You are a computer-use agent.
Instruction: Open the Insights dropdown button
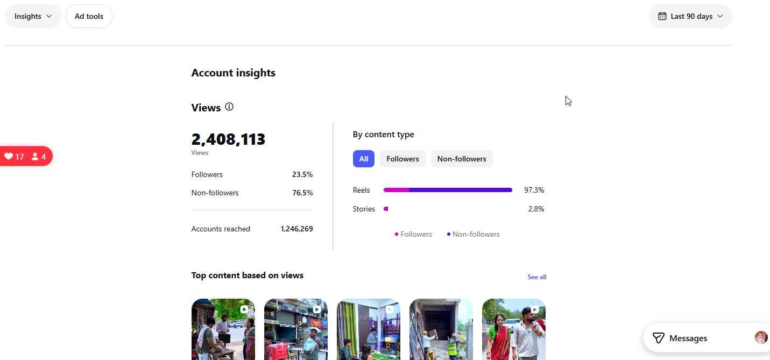point(33,16)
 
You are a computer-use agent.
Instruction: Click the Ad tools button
point(89,16)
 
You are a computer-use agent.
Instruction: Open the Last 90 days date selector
point(690,16)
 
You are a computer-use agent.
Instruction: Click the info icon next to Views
point(229,107)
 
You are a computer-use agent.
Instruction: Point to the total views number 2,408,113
point(228,139)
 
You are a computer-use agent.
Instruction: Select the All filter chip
point(363,159)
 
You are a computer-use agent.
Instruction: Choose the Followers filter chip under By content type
point(402,159)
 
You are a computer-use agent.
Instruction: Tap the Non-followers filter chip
point(462,159)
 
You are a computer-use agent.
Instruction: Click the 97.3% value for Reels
point(534,190)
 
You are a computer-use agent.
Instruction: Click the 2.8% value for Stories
point(536,209)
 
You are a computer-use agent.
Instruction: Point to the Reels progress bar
point(448,190)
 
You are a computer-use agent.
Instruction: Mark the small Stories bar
point(386,209)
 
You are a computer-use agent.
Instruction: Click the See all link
point(537,277)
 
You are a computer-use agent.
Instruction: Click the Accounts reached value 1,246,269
point(296,229)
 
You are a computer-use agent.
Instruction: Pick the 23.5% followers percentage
point(302,175)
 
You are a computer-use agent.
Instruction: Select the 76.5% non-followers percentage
point(302,193)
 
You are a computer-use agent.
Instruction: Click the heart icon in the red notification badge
point(9,157)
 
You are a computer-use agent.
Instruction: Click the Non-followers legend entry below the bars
point(474,234)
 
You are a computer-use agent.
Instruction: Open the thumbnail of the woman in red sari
point(513,329)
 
